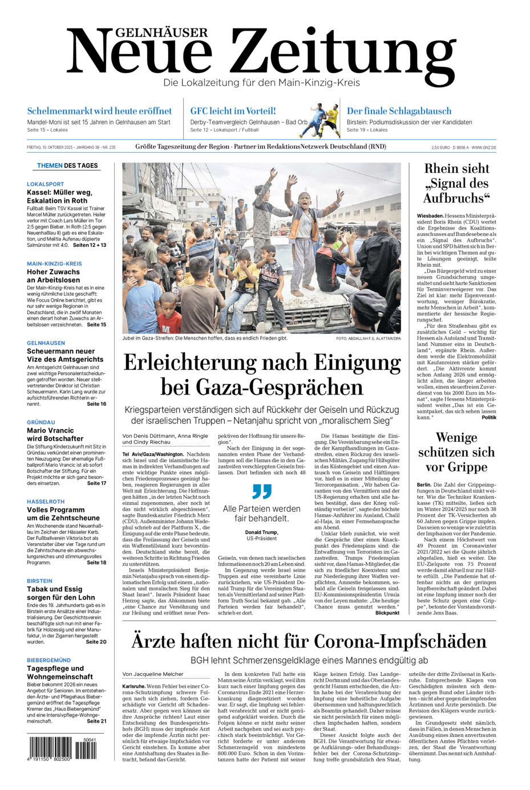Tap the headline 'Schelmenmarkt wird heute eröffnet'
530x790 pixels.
point(99,111)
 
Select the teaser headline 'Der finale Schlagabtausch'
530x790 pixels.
point(399,111)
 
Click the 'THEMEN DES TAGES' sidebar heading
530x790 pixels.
point(67,166)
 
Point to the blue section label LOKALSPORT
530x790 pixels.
point(46,184)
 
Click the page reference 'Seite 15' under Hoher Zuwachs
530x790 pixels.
point(96,324)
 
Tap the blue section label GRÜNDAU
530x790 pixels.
point(41,422)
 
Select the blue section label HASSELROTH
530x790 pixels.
point(46,502)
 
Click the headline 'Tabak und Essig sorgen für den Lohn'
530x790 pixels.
point(61,593)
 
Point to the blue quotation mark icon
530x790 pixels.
point(262,491)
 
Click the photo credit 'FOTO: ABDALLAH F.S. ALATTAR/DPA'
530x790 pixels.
point(369,339)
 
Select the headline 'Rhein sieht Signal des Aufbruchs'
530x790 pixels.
point(457,184)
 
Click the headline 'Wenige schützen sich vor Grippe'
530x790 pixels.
point(456,453)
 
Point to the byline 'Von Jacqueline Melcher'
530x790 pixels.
point(153,674)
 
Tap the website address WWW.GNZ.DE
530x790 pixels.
point(484,148)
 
